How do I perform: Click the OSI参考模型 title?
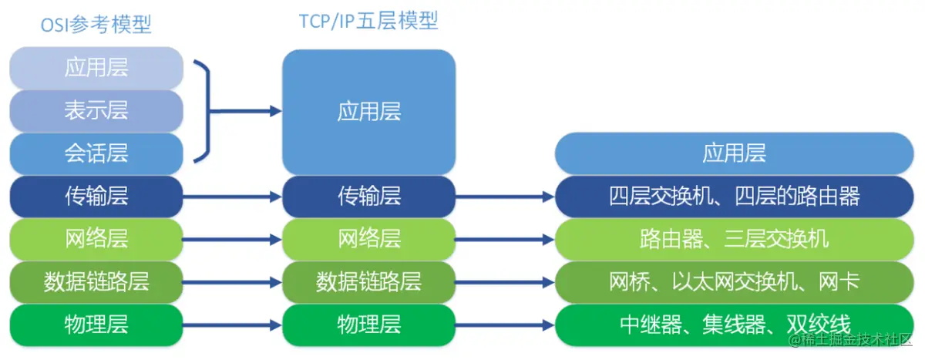pyautogui.click(x=96, y=25)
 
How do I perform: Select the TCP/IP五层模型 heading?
pyautogui.click(x=368, y=21)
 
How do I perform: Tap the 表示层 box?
pyautogui.click(x=96, y=111)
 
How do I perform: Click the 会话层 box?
pyautogui.click(x=96, y=153)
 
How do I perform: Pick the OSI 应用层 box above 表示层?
pyautogui.click(x=96, y=68)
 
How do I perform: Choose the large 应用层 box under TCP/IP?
pyautogui.click(x=368, y=112)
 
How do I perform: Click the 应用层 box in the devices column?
pyautogui.click(x=734, y=153)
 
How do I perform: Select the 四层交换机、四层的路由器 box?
pyautogui.click(x=734, y=196)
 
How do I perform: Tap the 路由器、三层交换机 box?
pyautogui.click(x=734, y=238)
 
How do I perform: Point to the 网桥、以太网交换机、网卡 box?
pyautogui.click(x=734, y=281)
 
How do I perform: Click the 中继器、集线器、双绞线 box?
pyautogui.click(x=734, y=324)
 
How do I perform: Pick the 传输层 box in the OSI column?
pyautogui.click(x=96, y=196)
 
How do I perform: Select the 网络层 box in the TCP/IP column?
pyautogui.click(x=368, y=238)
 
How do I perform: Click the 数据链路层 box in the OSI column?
pyautogui.click(x=96, y=281)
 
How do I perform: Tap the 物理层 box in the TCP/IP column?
pyautogui.click(x=368, y=324)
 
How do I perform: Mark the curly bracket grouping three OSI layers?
pyautogui.click(x=202, y=111)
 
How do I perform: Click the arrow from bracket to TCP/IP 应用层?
pyautogui.click(x=247, y=111)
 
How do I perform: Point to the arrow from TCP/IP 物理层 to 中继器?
pyautogui.click(x=505, y=325)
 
